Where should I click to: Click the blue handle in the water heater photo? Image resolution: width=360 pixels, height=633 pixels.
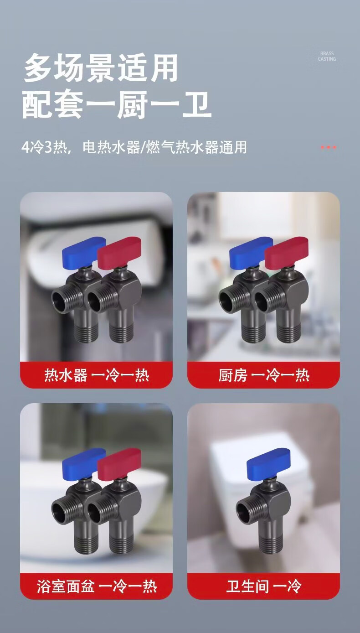(84, 252)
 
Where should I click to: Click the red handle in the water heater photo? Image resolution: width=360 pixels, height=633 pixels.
(119, 253)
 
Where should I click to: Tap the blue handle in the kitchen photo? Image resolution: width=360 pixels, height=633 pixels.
(251, 252)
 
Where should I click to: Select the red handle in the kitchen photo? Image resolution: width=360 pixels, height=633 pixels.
(286, 253)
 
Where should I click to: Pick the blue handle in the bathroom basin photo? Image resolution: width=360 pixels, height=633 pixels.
(84, 463)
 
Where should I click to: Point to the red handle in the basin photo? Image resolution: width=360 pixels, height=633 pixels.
(119, 464)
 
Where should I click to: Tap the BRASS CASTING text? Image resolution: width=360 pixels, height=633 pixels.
(327, 56)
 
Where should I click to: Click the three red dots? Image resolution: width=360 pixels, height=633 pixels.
(329, 147)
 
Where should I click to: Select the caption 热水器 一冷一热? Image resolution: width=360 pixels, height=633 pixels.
(97, 375)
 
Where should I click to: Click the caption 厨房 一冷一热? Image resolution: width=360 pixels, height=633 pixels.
(264, 375)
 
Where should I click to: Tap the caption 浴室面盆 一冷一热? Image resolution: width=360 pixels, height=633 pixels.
(97, 586)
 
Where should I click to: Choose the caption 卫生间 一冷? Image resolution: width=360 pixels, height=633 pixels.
(264, 586)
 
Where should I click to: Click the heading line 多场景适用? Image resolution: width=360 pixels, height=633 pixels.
(101, 68)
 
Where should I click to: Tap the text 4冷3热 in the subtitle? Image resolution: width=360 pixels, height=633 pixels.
(44, 147)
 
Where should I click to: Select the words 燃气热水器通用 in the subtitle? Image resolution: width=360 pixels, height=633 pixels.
(197, 147)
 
